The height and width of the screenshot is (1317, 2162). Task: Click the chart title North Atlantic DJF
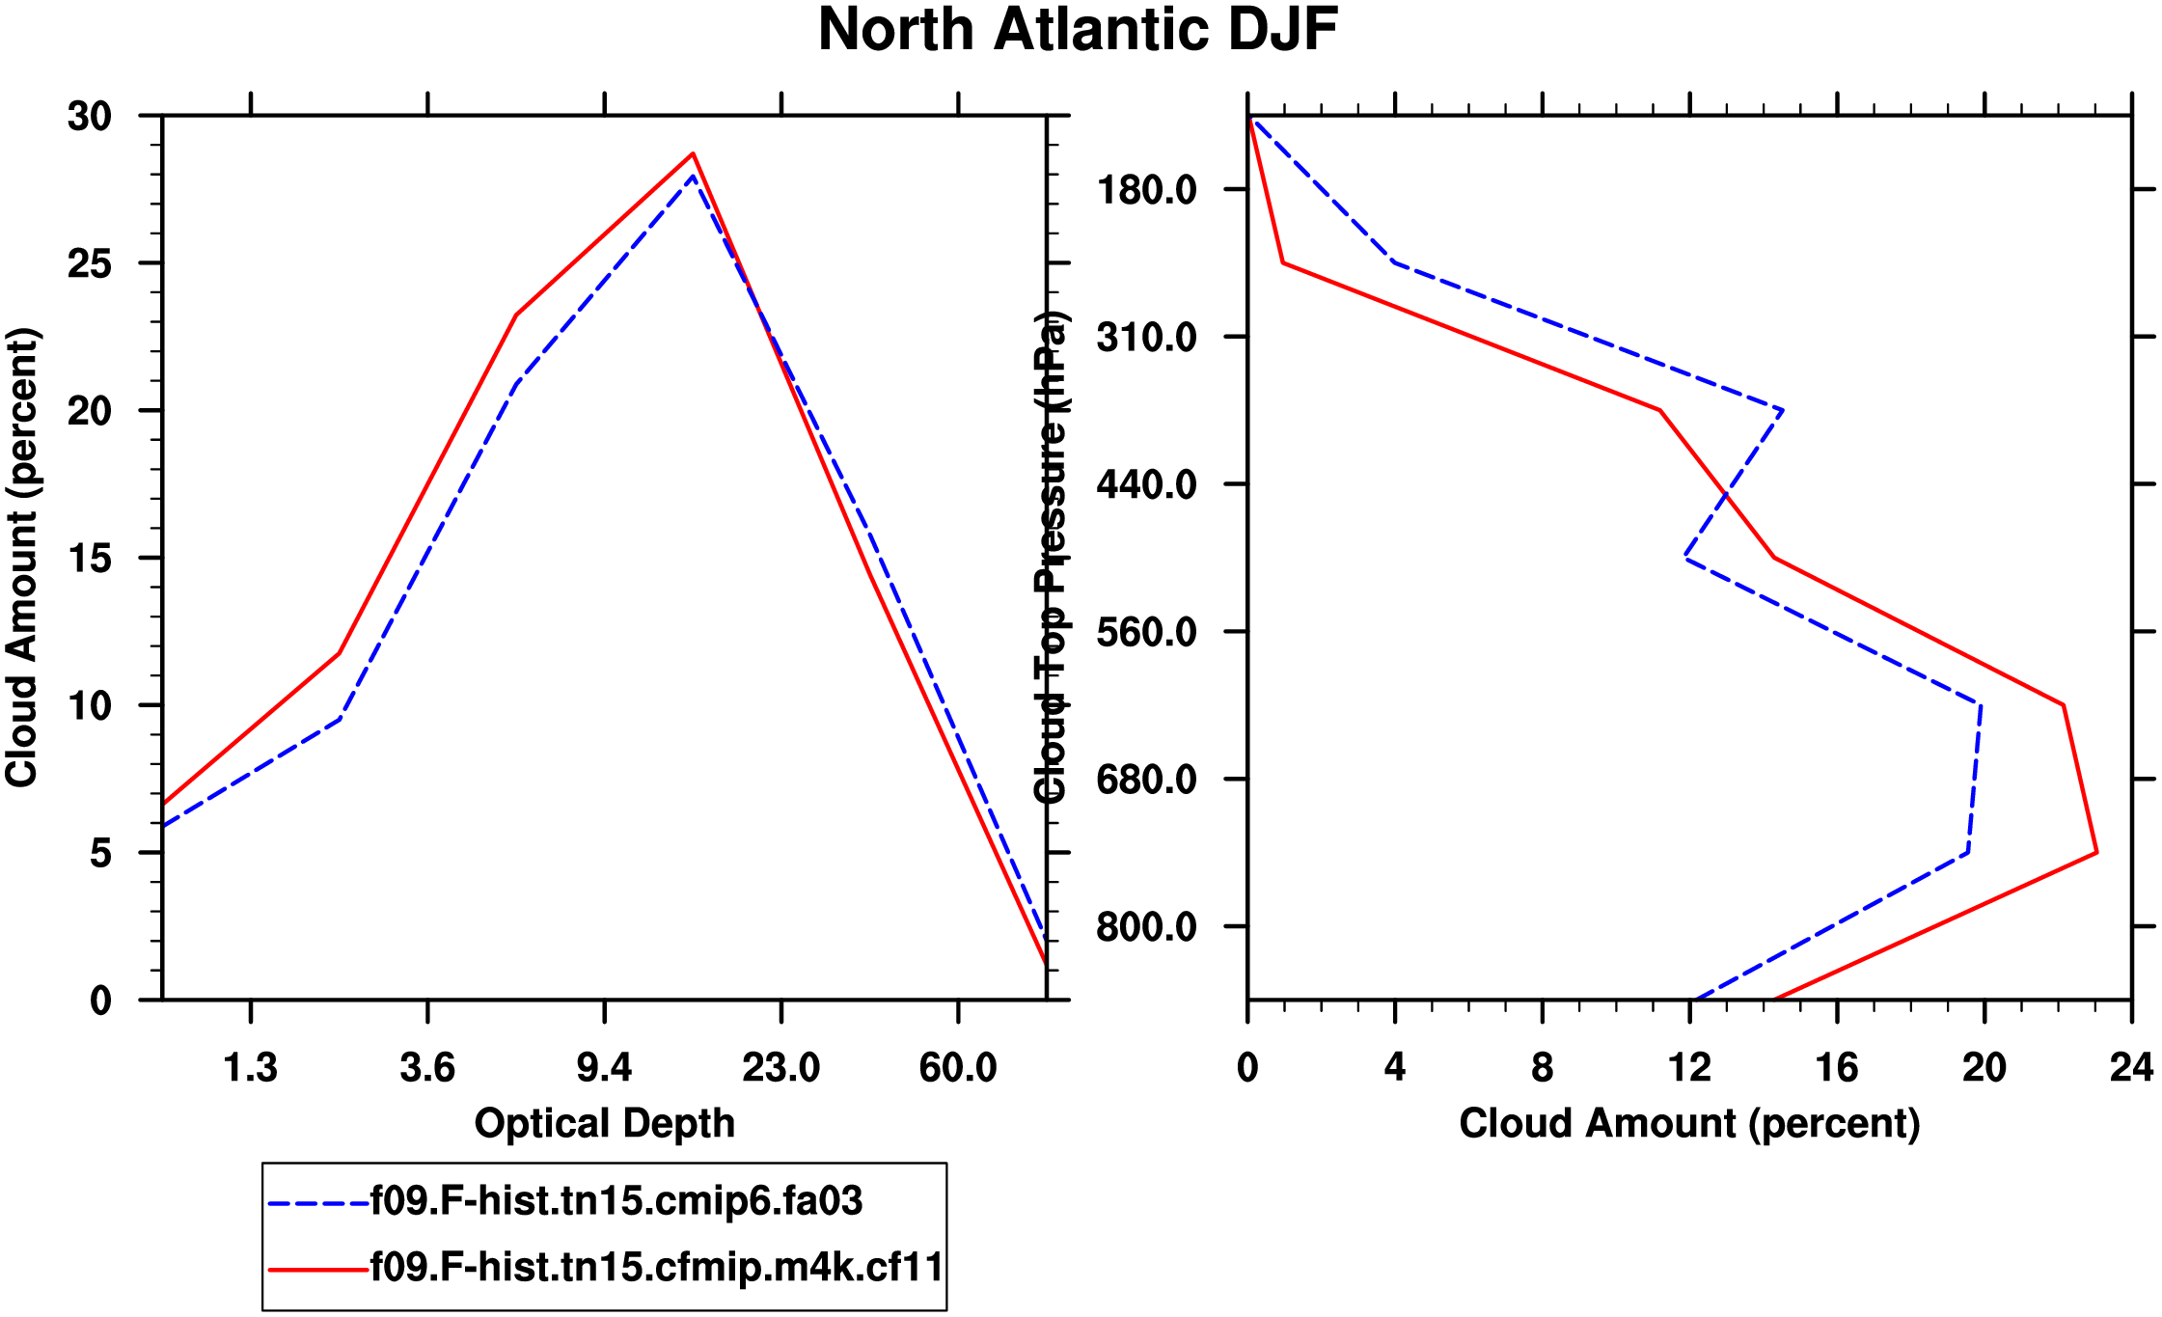tap(1078, 30)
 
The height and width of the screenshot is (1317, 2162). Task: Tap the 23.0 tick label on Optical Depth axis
tap(780, 1068)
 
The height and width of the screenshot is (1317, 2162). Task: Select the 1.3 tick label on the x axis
tap(251, 1068)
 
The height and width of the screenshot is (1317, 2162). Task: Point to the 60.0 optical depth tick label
tap(957, 1068)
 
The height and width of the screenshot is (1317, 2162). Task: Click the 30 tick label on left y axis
tap(90, 117)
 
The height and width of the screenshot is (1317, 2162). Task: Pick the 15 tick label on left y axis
tap(90, 559)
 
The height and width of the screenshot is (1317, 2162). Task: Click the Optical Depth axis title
tap(605, 1124)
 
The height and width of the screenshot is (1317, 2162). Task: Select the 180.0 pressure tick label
tap(1146, 190)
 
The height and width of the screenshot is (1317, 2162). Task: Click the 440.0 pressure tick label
tap(1146, 484)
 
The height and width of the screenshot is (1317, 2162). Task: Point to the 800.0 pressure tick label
tap(1146, 927)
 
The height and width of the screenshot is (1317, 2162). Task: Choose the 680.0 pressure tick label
tap(1146, 780)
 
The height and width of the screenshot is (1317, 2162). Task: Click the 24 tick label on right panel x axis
tap(2131, 1068)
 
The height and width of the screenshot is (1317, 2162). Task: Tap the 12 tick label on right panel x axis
tap(1689, 1068)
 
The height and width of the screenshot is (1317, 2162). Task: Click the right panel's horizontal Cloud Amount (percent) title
tap(1689, 1124)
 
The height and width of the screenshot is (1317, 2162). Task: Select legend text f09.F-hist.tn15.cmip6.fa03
tap(616, 1201)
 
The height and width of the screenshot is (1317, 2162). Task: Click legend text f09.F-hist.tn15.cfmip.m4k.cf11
tap(657, 1267)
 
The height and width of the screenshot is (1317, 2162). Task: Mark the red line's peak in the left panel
tap(693, 153)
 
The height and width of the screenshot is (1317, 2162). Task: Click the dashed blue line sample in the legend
tap(318, 1203)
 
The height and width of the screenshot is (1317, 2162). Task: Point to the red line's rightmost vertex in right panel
tap(2096, 853)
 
